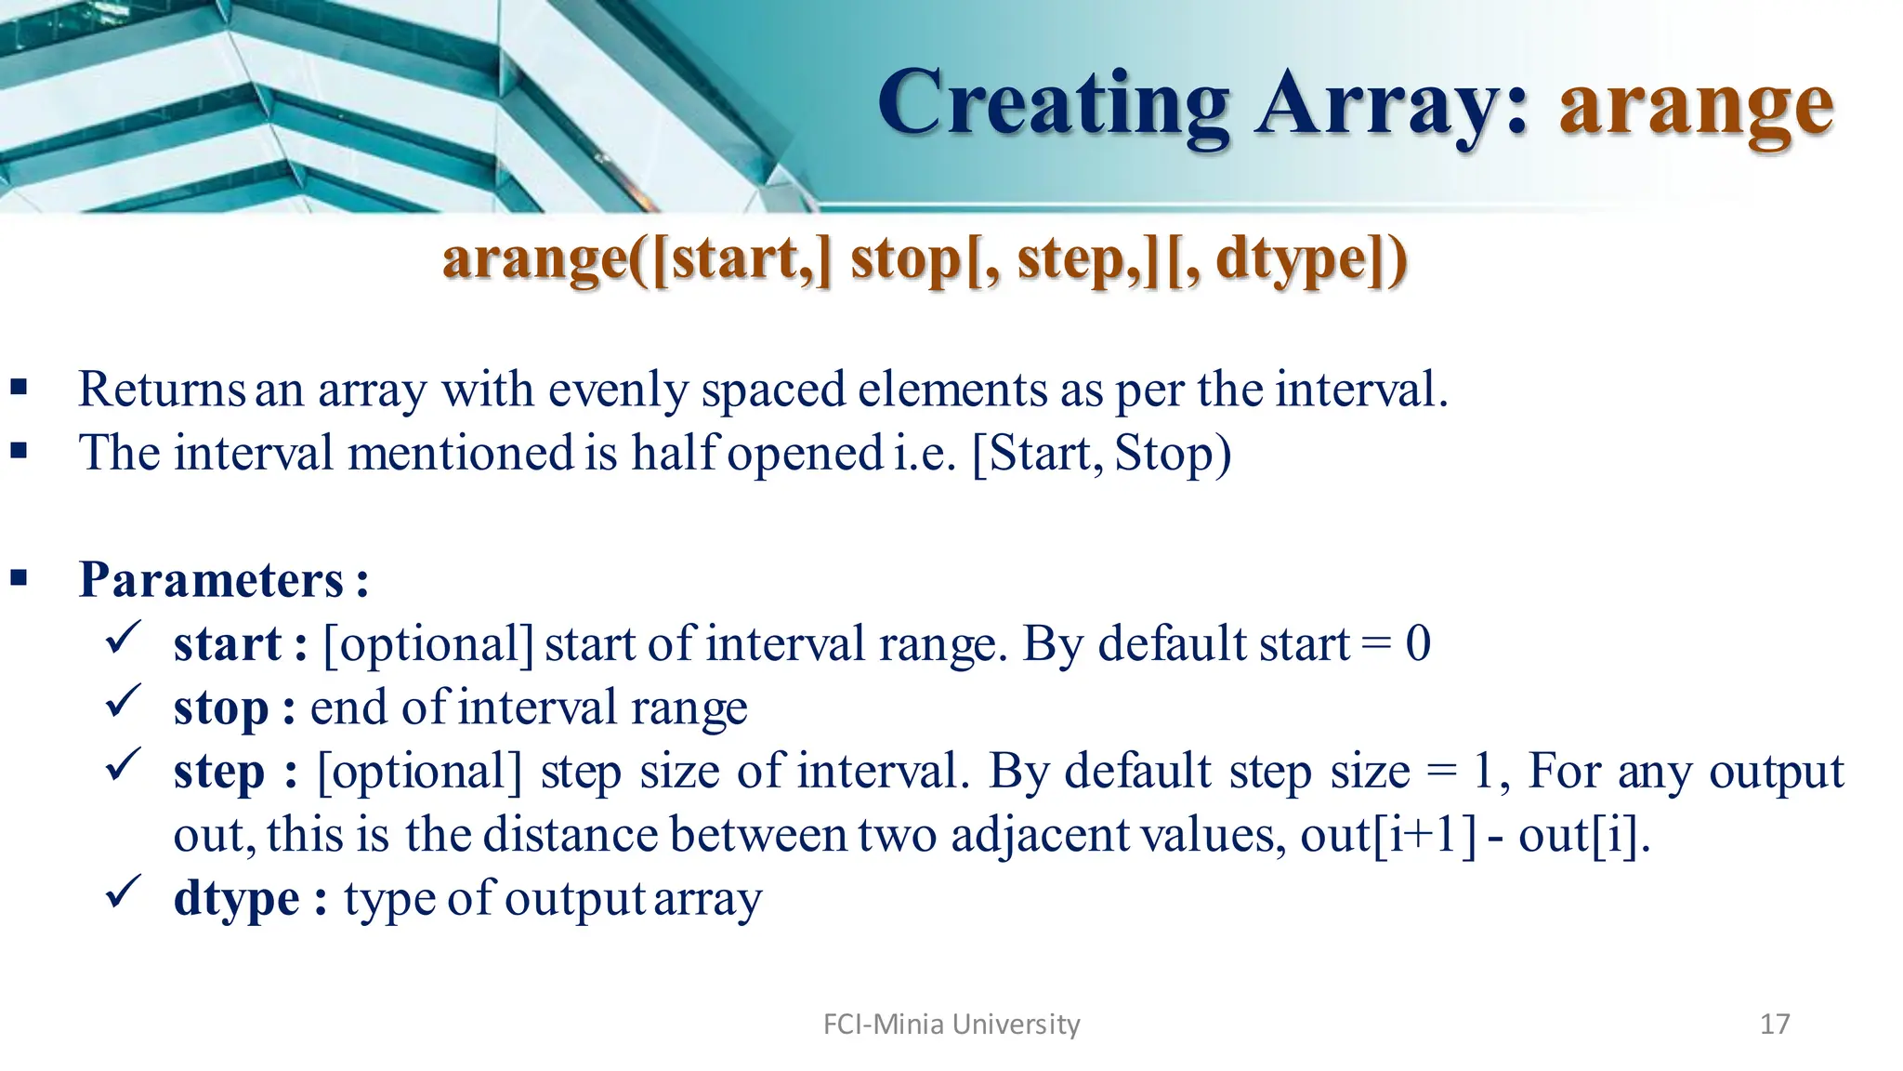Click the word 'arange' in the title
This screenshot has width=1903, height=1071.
(1696, 107)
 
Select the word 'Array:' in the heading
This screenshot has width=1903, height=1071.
(1391, 104)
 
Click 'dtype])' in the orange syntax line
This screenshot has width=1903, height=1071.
(1311, 259)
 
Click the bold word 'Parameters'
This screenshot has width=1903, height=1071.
(212, 580)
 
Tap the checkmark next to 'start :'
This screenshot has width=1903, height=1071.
(123, 639)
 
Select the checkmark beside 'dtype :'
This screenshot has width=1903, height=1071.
(123, 893)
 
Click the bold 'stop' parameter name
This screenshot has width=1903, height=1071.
(220, 708)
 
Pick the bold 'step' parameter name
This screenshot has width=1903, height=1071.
(219, 773)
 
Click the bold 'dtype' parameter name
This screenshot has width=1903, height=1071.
(236, 899)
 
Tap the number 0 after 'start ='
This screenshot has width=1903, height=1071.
(1418, 643)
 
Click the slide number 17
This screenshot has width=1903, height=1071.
(1775, 1024)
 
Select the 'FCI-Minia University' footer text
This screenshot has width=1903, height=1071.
(951, 1024)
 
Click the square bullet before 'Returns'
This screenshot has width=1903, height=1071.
(19, 388)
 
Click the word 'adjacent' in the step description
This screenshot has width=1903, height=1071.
(1041, 835)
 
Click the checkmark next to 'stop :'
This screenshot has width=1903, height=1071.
(123, 702)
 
